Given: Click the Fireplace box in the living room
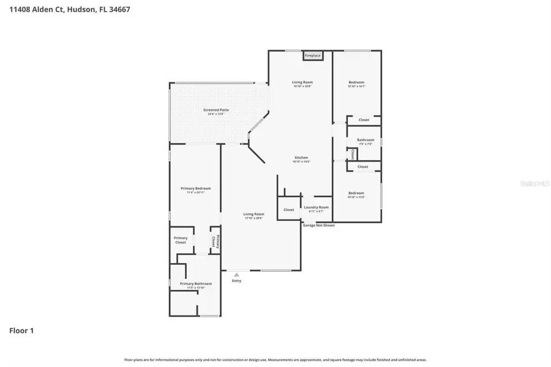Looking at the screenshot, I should pos(313,56).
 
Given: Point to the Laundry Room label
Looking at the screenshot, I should pos(316,207).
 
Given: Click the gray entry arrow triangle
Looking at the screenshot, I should pos(236,275).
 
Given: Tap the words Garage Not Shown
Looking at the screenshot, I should pos(318,225).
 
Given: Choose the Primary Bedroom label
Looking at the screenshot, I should pos(195,188).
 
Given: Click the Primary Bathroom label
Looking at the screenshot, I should pos(195,284).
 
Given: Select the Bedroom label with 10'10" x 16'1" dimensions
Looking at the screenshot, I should pos(356,83).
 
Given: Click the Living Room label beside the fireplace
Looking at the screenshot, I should pos(302,83).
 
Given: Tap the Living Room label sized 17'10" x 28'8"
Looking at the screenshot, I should pos(253,215).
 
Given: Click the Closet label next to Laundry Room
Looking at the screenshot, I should pos(288,210).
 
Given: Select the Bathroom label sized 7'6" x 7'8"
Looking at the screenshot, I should pos(365,140).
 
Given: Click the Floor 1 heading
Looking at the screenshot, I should pos(21,331).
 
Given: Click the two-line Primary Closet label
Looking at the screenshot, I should pos(181,240).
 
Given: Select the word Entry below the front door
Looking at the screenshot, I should pos(236,281).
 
